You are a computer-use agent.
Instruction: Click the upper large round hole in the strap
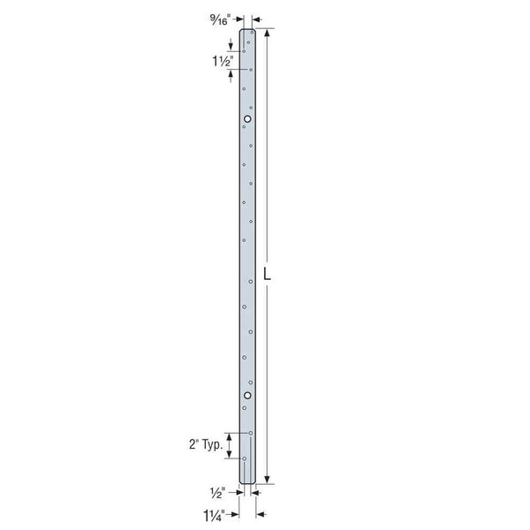[x=247, y=119]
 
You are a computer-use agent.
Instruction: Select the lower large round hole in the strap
[x=247, y=395]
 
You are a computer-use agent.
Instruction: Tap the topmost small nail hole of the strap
[x=252, y=32]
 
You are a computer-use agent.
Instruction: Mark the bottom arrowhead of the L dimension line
[x=268, y=481]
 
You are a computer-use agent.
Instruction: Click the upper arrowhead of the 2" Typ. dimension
[x=231, y=435]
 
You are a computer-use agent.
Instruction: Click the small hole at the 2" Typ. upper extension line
[x=252, y=432]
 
